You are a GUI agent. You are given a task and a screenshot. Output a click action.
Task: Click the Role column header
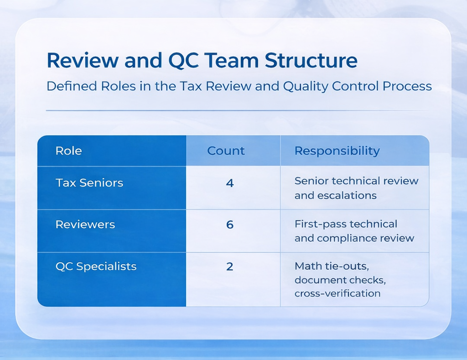point(69,151)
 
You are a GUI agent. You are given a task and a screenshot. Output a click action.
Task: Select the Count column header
point(226,151)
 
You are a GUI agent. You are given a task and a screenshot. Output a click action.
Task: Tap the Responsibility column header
point(337,151)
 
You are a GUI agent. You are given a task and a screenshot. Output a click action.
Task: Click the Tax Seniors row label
point(89,183)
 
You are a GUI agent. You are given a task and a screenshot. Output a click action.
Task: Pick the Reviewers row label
point(85,224)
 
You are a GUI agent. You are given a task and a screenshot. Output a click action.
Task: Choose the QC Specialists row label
point(96,266)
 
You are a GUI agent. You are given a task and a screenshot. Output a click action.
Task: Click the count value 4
point(230,183)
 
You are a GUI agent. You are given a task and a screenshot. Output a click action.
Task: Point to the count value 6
point(230,225)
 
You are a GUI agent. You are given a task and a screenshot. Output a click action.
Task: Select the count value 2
point(230,266)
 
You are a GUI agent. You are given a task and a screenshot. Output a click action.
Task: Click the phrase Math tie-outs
point(324,266)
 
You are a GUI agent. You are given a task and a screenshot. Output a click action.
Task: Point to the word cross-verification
point(337,293)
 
